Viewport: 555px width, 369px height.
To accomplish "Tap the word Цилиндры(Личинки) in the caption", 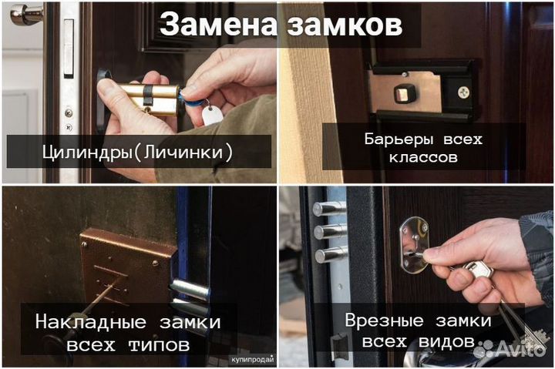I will coord(139,151).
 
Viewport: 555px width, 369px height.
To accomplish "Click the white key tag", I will coord(210,116).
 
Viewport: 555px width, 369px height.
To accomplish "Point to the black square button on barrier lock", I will coord(402,94).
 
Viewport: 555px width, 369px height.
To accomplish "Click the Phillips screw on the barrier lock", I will coord(463,92).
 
